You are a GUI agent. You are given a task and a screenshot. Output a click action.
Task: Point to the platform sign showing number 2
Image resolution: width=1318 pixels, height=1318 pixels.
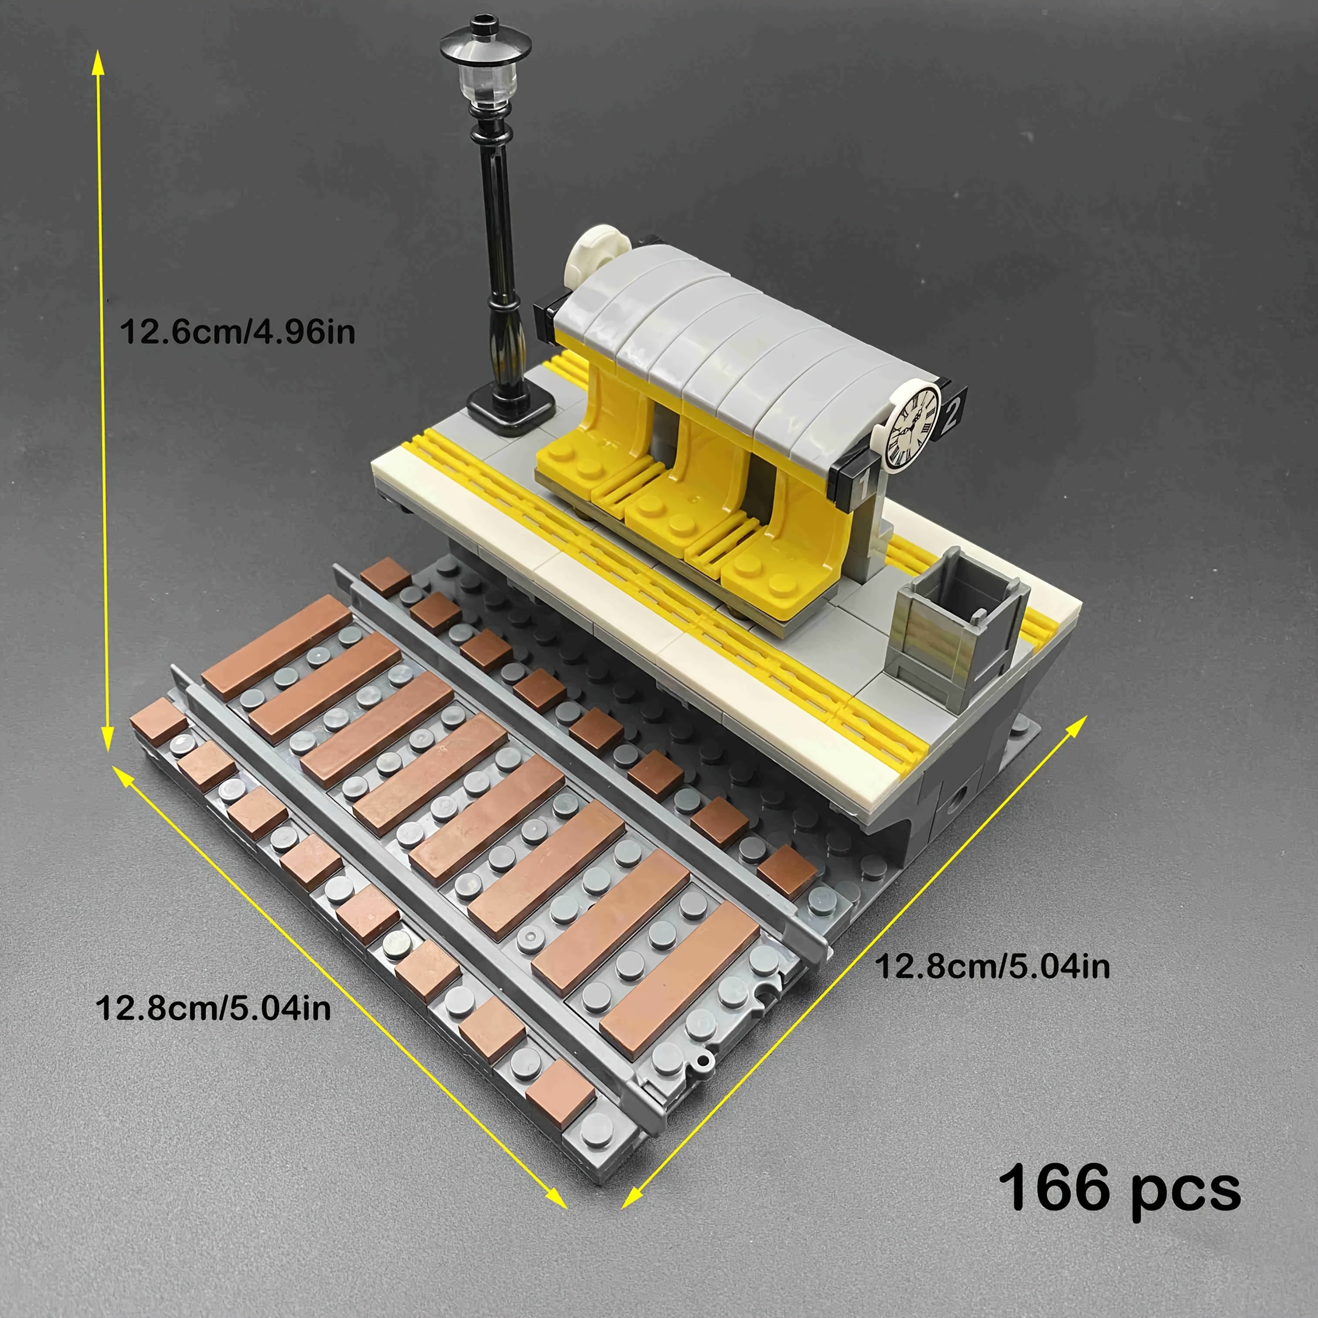(954, 410)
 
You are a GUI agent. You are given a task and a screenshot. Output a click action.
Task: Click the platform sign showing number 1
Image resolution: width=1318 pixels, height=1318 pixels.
(853, 483)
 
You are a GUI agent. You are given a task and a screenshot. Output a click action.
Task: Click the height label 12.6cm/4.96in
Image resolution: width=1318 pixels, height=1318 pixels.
(238, 332)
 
